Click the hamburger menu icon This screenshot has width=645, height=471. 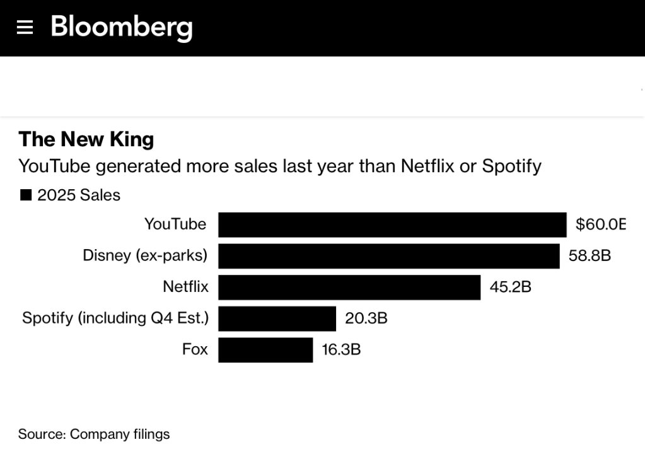point(25,27)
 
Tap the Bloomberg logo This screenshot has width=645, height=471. point(121,27)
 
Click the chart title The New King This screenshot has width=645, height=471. point(86,139)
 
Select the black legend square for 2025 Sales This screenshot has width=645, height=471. point(26,195)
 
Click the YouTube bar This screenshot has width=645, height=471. point(392,224)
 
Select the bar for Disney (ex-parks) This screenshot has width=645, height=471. point(388,256)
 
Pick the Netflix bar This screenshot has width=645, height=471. point(349,287)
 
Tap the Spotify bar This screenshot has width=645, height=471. point(277,318)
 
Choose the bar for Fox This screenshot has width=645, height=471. point(265,350)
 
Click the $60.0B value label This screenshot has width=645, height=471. point(600,224)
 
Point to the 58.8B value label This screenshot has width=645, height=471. point(590,256)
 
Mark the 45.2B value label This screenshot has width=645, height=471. point(510,287)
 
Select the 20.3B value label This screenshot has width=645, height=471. point(366,318)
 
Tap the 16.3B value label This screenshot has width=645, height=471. point(341,350)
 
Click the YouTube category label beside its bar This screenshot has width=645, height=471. point(175,224)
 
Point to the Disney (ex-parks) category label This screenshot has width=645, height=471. point(145,256)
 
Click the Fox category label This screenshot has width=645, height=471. point(195,349)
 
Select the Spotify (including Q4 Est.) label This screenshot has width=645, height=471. point(115,318)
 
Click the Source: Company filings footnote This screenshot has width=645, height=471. point(94,434)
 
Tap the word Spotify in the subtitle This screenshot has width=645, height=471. point(511,166)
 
